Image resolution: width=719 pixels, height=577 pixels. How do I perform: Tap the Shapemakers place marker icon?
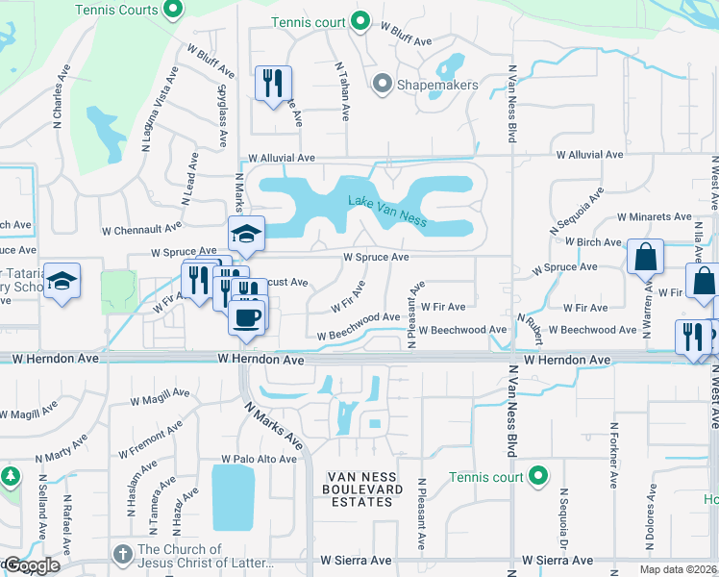[x=382, y=85]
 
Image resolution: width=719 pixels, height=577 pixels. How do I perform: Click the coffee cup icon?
[x=247, y=316]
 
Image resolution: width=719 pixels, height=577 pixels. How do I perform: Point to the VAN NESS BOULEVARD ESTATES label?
[x=364, y=489]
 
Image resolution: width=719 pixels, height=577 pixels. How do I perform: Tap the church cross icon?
[x=122, y=555]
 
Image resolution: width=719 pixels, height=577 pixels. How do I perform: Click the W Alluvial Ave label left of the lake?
[x=282, y=157]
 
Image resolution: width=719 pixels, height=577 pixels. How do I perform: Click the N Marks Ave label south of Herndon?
[x=273, y=426]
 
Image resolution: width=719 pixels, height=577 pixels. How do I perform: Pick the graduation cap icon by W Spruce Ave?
[x=246, y=234]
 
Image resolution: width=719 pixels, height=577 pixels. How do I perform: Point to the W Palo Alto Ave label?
[x=259, y=459]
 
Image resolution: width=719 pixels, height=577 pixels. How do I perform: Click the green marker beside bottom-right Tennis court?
[x=538, y=475]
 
